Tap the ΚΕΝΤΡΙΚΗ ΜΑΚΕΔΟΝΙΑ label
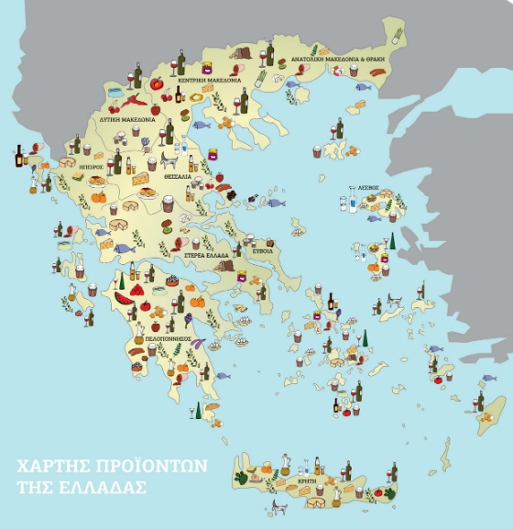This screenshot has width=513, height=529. pos(210,80)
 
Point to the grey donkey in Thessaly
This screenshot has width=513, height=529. pos(169,158)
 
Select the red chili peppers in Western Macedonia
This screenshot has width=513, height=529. pos(130,96)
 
